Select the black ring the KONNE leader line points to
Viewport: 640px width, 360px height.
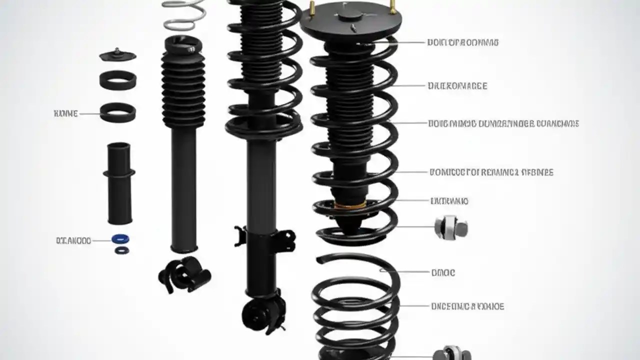click(117, 112)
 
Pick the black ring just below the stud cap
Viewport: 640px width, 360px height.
click(117, 80)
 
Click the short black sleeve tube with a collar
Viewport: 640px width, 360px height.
click(119, 182)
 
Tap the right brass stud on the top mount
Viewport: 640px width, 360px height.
click(392, 7)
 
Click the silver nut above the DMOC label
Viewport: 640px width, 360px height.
click(450, 227)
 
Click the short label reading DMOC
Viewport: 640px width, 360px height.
click(443, 273)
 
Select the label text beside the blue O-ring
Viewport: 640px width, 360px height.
click(73, 240)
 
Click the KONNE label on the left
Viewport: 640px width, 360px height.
click(65, 114)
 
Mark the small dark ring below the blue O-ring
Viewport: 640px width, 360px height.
click(120, 249)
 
